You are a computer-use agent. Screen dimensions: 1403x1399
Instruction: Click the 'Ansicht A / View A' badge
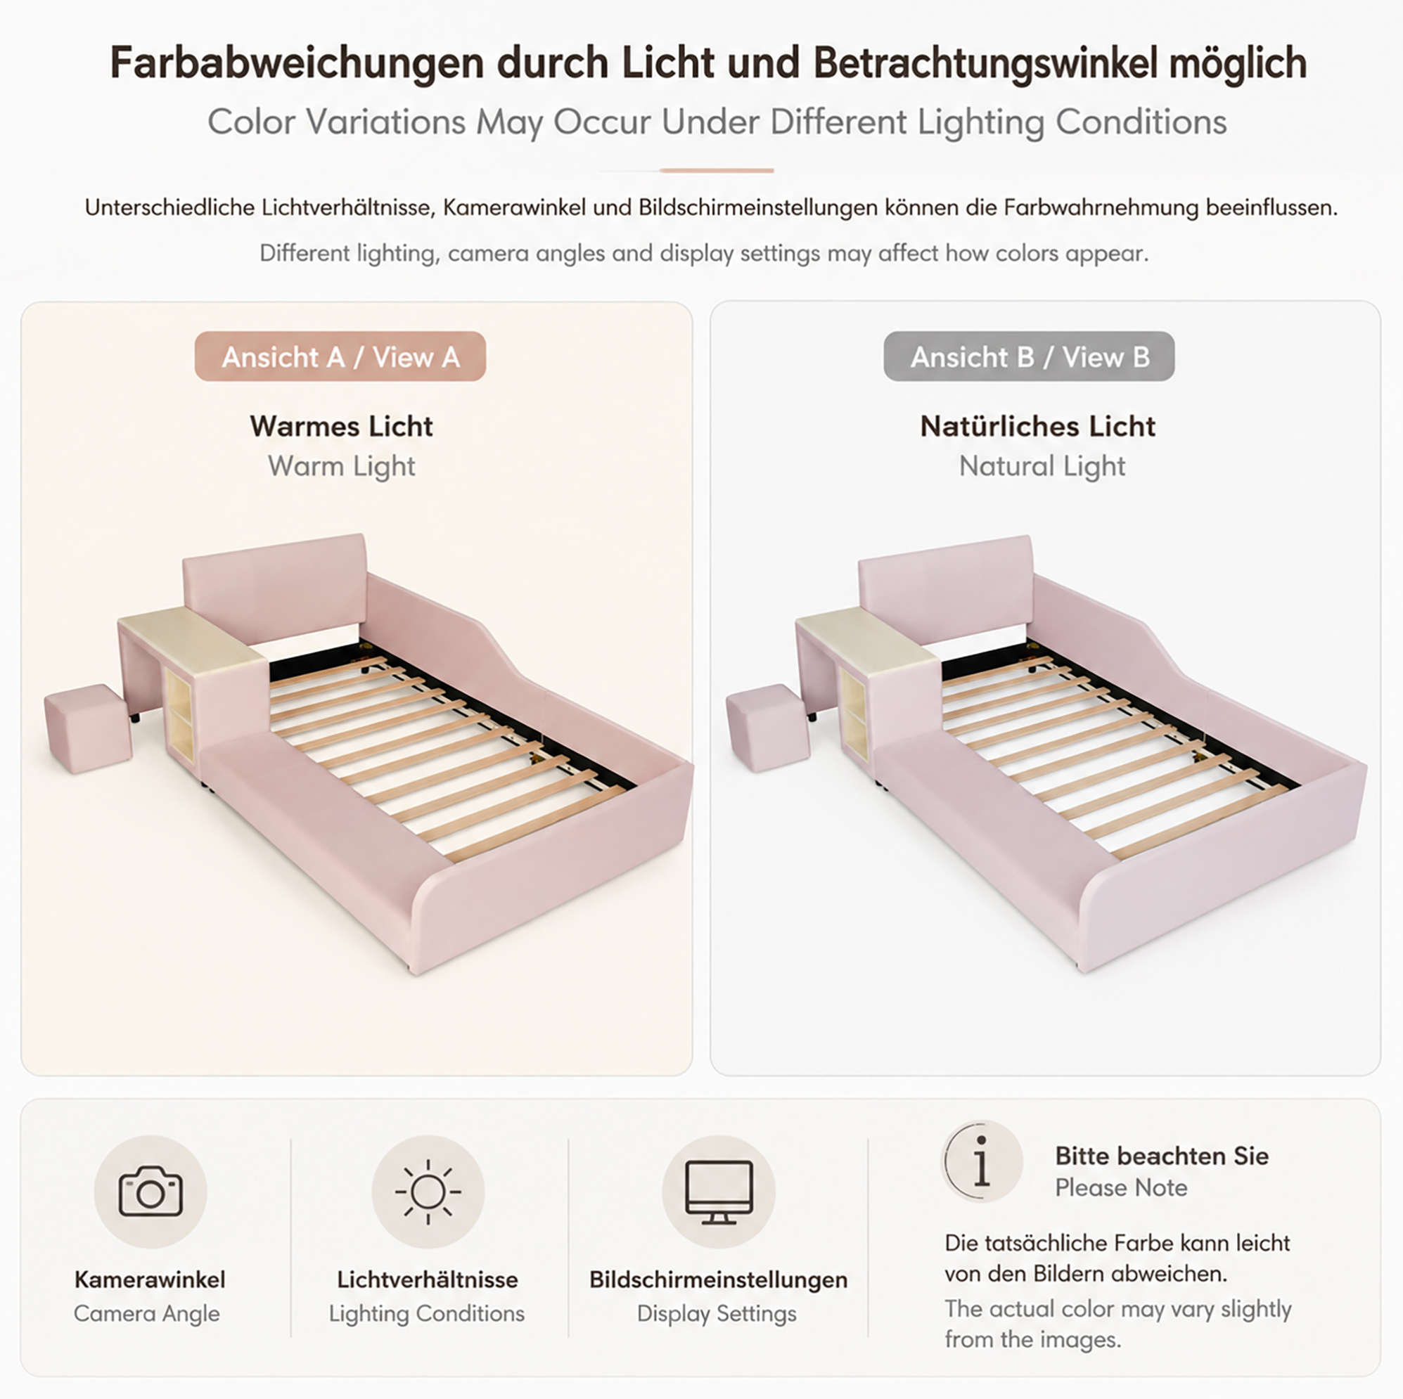click(x=340, y=356)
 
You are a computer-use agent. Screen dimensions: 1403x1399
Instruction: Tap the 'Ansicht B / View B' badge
click(x=1029, y=356)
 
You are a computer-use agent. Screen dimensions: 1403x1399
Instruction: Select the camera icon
click(x=150, y=1192)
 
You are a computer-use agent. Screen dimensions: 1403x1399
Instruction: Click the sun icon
click(x=428, y=1192)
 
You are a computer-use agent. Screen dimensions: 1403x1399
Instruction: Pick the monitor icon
click(x=719, y=1192)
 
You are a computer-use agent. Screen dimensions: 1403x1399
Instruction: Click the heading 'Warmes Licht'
click(x=341, y=426)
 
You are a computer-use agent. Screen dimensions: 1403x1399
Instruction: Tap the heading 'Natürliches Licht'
click(x=1038, y=426)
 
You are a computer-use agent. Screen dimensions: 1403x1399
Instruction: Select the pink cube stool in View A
click(x=88, y=728)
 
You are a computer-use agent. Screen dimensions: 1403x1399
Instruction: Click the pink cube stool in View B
click(x=767, y=728)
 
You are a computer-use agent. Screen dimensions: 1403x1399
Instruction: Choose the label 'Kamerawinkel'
click(x=150, y=1279)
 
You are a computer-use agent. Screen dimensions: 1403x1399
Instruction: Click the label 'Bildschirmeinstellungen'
click(x=718, y=1279)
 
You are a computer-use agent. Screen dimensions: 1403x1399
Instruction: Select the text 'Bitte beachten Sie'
click(x=1162, y=1156)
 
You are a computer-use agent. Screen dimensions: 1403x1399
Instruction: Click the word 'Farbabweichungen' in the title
click(x=297, y=63)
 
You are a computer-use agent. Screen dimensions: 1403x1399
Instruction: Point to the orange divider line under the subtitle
click(x=717, y=171)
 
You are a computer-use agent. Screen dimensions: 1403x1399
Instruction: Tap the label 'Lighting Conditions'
click(x=427, y=1313)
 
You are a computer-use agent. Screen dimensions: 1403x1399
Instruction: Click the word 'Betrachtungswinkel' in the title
click(x=985, y=63)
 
